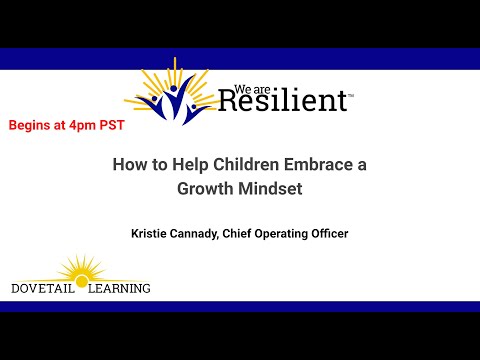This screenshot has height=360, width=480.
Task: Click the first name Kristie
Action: [x=153, y=234]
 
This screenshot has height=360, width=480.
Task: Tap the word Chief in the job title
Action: [x=254, y=234]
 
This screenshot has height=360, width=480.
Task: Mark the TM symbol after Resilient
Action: [x=350, y=92]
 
